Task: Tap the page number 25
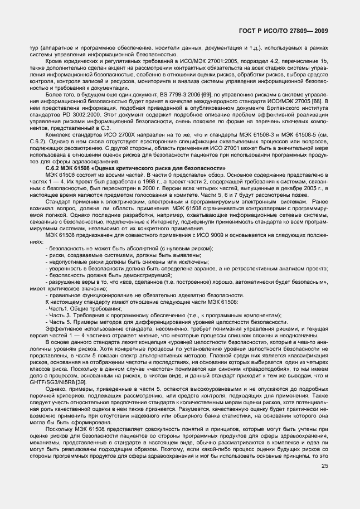(x=325, y=466)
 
